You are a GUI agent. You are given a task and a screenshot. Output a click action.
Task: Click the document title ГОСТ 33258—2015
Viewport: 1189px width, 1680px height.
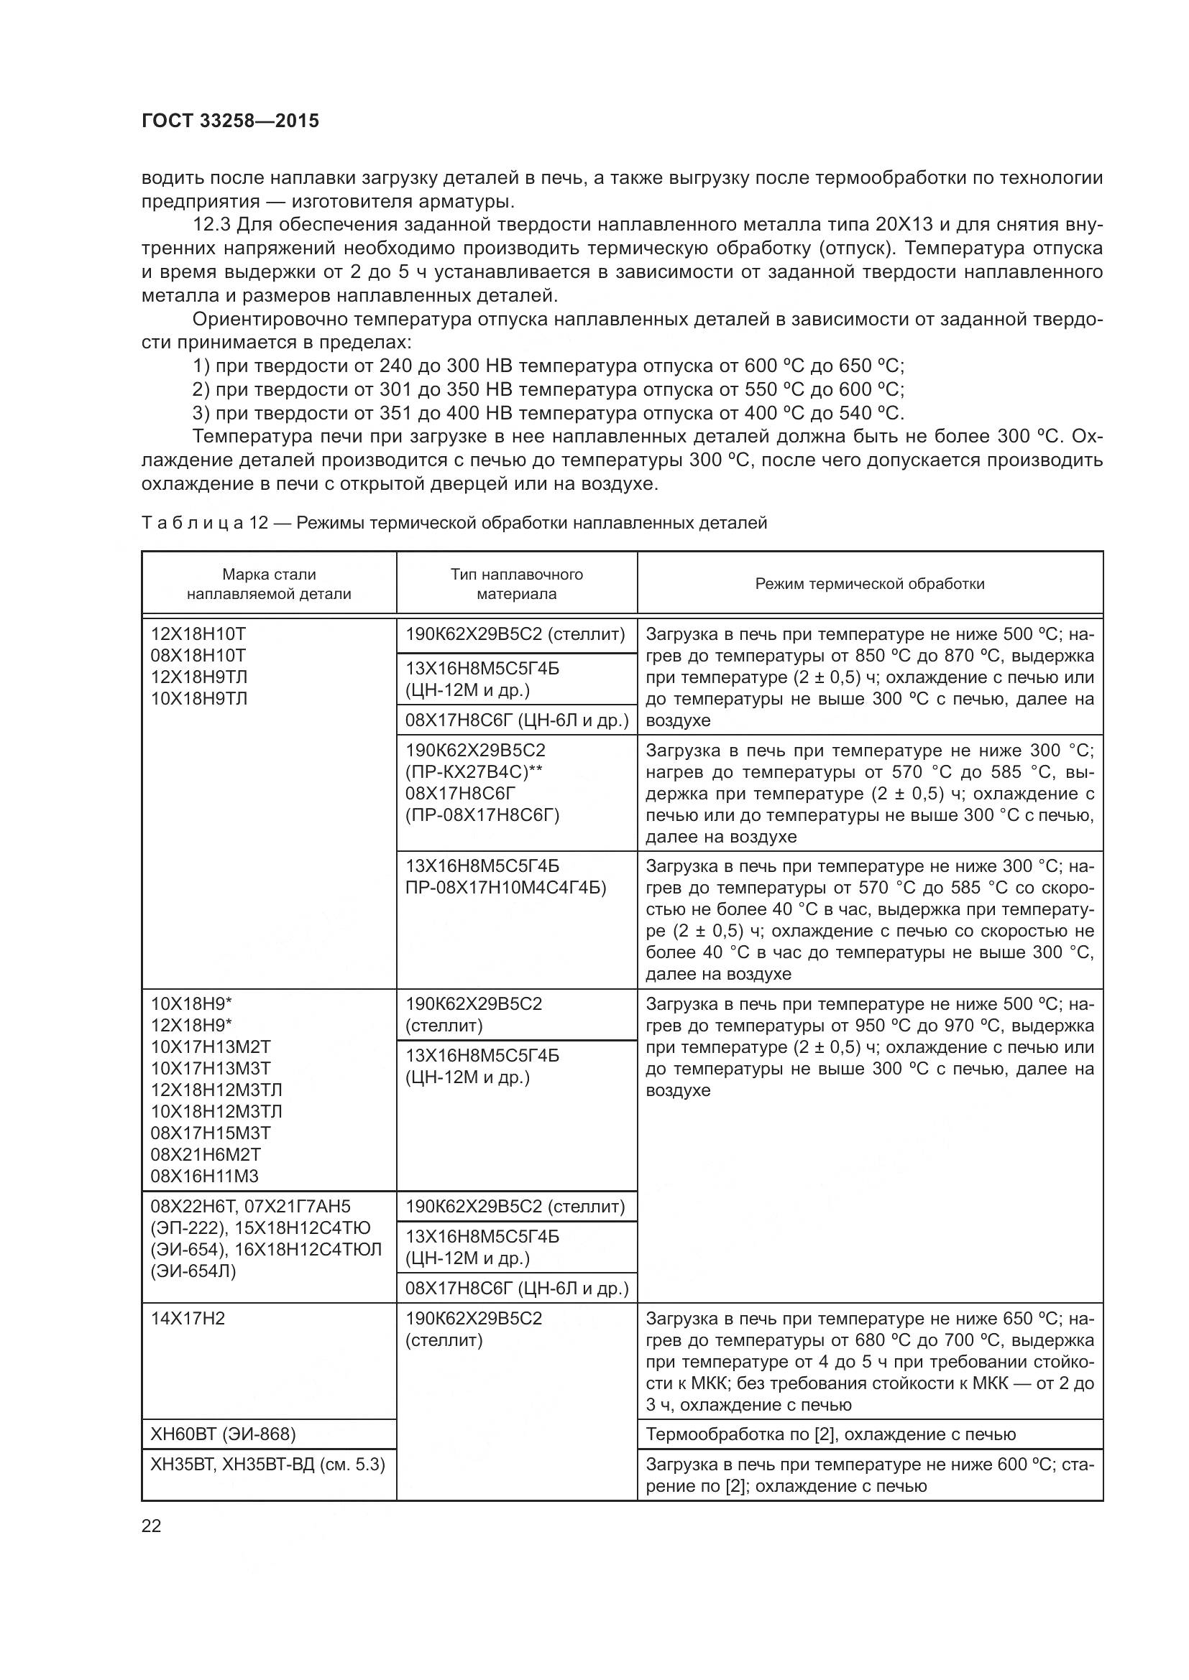pos(230,121)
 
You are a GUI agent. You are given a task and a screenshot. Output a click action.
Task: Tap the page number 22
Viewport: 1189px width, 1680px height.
pos(151,1526)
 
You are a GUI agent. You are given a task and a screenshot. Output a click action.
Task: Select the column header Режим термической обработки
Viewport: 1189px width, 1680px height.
pos(869,584)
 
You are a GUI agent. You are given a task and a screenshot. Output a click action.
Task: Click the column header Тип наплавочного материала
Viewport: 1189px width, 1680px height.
pos(516,584)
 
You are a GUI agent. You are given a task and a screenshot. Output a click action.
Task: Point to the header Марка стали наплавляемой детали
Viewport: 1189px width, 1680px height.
pos(269,584)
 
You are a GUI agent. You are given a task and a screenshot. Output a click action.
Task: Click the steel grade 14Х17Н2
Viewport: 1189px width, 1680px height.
pos(188,1319)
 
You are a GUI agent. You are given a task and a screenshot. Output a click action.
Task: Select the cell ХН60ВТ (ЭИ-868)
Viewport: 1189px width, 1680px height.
pos(223,1434)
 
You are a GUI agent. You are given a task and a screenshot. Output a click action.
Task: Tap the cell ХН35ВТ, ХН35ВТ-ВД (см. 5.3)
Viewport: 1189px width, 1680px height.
pos(267,1464)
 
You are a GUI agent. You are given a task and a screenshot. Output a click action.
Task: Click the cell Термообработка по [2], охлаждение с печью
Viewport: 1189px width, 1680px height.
pos(830,1434)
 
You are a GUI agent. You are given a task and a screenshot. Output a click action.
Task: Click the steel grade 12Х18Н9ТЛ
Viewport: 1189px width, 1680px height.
pos(199,676)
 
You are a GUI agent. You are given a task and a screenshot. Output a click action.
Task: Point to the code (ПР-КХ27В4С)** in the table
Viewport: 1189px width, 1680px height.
pos(474,772)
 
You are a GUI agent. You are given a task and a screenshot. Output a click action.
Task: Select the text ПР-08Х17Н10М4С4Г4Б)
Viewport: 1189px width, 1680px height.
pos(505,888)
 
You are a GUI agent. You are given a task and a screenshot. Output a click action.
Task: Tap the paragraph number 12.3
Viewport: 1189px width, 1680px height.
pos(211,225)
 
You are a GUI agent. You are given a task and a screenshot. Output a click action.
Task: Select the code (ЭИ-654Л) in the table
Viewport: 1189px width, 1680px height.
pos(193,1271)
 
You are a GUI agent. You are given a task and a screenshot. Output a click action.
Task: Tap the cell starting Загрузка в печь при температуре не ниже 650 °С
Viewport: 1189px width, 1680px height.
pos(869,1361)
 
